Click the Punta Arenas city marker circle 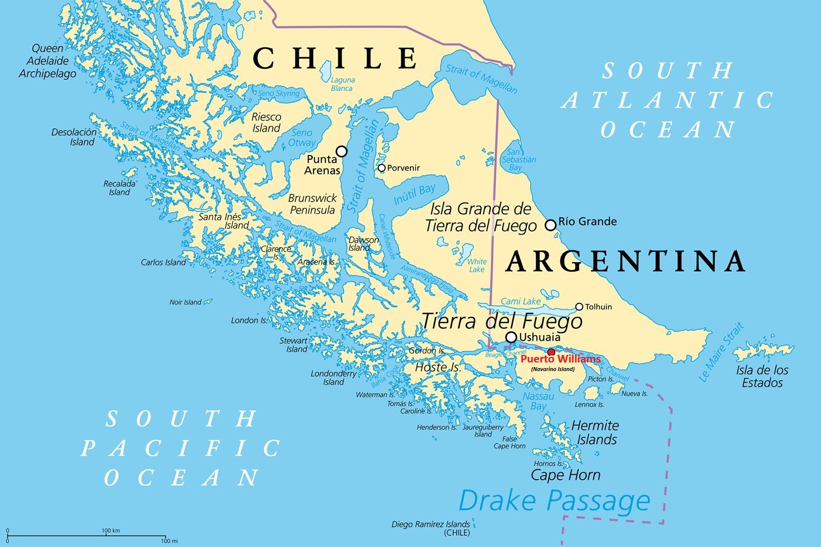(x=342, y=151)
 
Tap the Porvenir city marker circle (x=382, y=168)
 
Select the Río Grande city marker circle (x=550, y=224)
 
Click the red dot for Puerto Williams (x=551, y=352)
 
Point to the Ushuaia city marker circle (x=511, y=337)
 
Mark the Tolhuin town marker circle (x=579, y=307)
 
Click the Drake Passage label (x=554, y=501)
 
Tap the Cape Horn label (x=566, y=475)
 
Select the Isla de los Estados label (x=762, y=377)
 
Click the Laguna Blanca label (x=342, y=84)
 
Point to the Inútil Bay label (x=414, y=194)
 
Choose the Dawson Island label (x=363, y=244)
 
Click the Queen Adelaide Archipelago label (x=48, y=61)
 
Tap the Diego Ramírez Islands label (x=431, y=528)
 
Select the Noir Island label (x=185, y=302)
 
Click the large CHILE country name (x=335, y=58)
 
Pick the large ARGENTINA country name (x=626, y=261)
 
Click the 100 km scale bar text (x=110, y=530)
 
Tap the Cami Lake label (x=521, y=302)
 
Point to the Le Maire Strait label (x=721, y=352)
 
